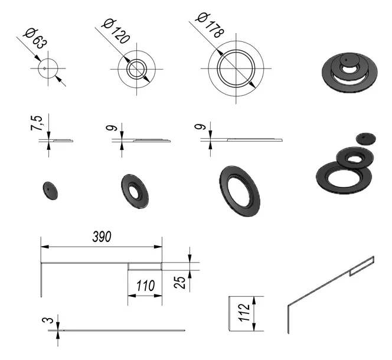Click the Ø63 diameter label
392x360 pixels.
pos(35,38)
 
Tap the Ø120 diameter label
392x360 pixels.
pos(116,31)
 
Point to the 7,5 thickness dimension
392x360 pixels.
pos(37,123)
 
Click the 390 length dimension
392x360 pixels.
pos(102,237)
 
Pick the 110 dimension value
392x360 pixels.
pos(145,286)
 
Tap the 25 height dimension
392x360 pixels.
pos(179,282)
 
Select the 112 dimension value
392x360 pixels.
pos(244,313)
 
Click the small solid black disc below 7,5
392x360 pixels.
pos(50,191)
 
